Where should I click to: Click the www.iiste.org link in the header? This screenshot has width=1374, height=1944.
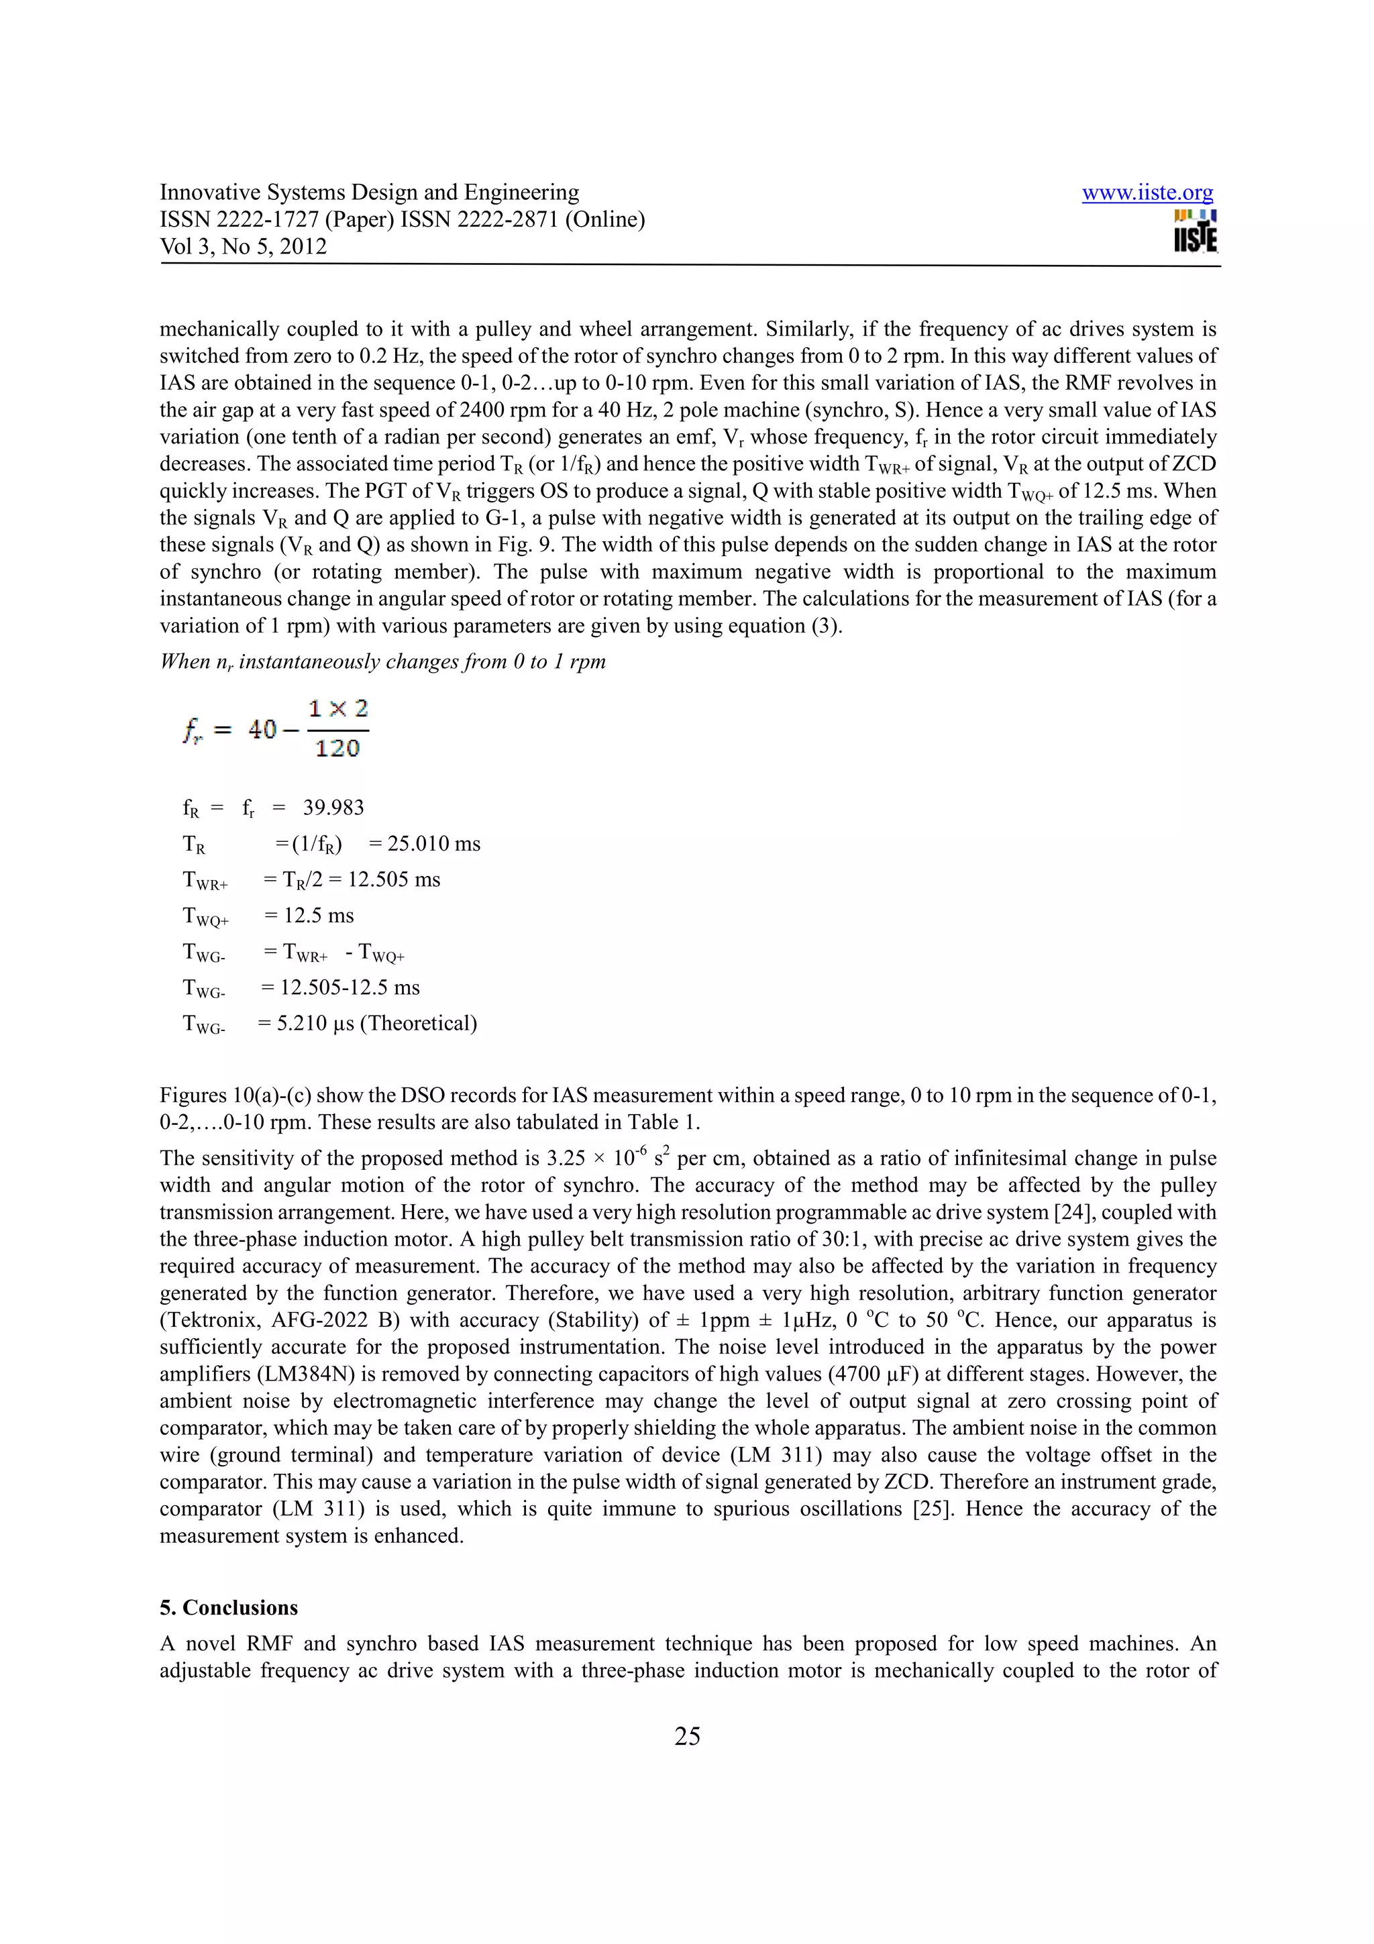(1147, 193)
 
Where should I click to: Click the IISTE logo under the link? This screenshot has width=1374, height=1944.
(1196, 232)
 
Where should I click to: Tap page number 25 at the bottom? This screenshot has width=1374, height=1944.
(686, 1737)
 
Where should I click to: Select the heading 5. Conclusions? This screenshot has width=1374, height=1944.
(229, 1608)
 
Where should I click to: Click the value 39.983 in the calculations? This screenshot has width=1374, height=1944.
(333, 808)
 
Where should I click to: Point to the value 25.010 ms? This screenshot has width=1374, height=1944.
(433, 844)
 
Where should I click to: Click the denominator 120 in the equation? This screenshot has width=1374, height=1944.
(337, 749)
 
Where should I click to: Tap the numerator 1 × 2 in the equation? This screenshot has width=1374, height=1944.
(337, 708)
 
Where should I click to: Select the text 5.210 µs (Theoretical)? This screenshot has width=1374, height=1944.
(377, 1024)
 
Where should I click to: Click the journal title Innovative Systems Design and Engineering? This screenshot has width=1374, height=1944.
(369, 193)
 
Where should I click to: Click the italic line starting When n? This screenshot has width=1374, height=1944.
(382, 661)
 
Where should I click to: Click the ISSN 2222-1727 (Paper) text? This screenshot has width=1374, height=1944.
(276, 220)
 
